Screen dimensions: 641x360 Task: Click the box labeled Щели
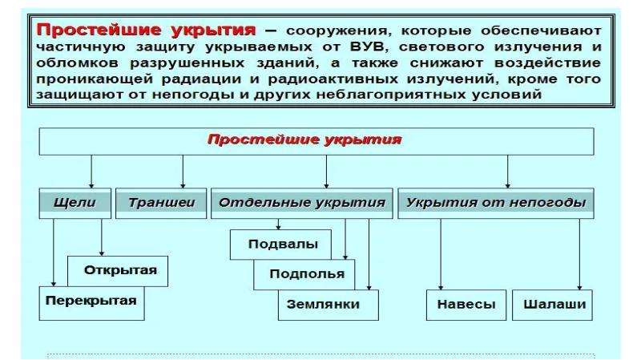click(x=75, y=204)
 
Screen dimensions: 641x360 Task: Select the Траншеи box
click(x=161, y=204)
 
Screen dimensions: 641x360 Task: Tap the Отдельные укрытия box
click(x=302, y=204)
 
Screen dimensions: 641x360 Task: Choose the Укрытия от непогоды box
click(x=496, y=204)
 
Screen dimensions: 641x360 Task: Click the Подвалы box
click(x=280, y=245)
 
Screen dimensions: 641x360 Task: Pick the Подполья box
click(x=304, y=274)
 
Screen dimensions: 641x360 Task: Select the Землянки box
click(x=329, y=305)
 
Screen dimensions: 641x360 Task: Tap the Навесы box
click(x=466, y=305)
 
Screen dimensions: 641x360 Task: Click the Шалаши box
click(x=552, y=305)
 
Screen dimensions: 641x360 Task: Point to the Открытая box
click(x=118, y=271)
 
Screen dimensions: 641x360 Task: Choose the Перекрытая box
click(x=91, y=303)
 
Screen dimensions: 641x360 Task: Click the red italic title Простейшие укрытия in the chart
click(x=304, y=140)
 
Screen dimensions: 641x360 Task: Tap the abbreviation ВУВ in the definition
click(x=368, y=47)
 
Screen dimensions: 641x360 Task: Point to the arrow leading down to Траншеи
click(x=183, y=172)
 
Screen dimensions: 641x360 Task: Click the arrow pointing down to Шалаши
click(x=579, y=254)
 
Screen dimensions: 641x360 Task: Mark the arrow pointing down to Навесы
click(x=441, y=254)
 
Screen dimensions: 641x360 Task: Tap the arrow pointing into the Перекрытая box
click(x=54, y=253)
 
